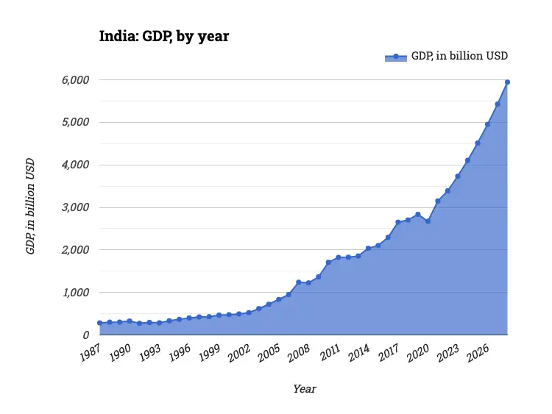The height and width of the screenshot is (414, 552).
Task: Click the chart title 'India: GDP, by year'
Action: pyautogui.click(x=164, y=36)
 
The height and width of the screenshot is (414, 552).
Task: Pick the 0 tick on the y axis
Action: pyautogui.click(x=86, y=335)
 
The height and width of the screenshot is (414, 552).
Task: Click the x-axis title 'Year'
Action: pyautogui.click(x=304, y=388)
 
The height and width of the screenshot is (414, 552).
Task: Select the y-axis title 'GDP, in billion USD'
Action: pyautogui.click(x=30, y=207)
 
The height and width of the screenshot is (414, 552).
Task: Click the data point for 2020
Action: pyautogui.click(x=428, y=221)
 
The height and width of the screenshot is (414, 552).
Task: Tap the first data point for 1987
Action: pyautogui.click(x=99, y=323)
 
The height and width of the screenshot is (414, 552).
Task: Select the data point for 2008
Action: pyautogui.click(x=308, y=282)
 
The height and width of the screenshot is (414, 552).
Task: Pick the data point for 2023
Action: pyautogui.click(x=458, y=176)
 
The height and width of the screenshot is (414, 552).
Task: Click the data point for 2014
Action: pyautogui.click(x=368, y=248)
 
